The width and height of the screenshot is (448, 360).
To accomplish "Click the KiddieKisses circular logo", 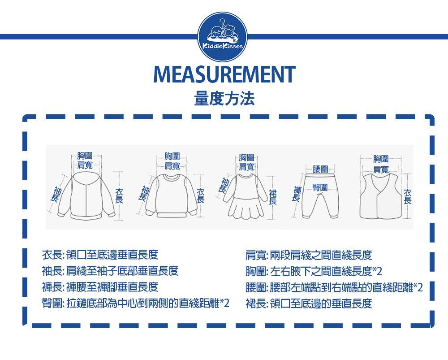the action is pyautogui.click(x=223, y=37).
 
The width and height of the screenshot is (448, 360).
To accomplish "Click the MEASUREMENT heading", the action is pyautogui.click(x=224, y=74).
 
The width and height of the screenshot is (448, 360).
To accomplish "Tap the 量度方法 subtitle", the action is pyautogui.click(x=224, y=99).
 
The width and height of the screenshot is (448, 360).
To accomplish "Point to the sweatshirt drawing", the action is pyautogui.click(x=172, y=196).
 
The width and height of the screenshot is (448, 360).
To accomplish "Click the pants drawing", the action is pyautogui.click(x=320, y=195).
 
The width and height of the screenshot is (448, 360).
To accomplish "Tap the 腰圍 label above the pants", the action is pyautogui.click(x=320, y=169).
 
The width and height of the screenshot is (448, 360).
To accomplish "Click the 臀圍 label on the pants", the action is pyautogui.click(x=320, y=187).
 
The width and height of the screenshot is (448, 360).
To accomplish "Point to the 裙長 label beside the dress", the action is pyautogui.click(x=273, y=197).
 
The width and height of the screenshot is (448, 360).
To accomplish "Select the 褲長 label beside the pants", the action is pyautogui.click(x=297, y=194).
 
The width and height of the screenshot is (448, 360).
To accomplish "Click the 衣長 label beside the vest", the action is pyautogui.click(x=407, y=196).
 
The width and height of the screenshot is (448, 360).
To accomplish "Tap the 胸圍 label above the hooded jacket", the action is pyautogui.click(x=85, y=156).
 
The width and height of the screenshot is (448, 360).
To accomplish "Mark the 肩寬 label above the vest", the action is pyautogui.click(x=381, y=169).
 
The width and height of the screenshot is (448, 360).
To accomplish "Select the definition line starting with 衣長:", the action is pyautogui.click(x=100, y=255).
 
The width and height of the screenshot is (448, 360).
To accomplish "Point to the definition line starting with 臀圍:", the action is pyautogui.click(x=135, y=303).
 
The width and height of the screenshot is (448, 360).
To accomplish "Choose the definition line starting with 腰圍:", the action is pyautogui.click(x=334, y=287).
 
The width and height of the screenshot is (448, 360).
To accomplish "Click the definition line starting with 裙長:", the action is pyautogui.click(x=309, y=303).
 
